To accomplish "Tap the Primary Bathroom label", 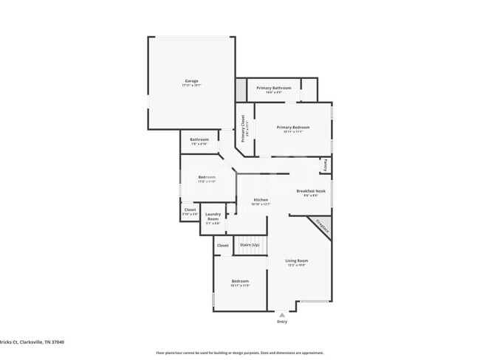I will (x=274, y=89).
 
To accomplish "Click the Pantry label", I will (x=326, y=166).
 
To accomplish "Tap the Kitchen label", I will (x=261, y=201).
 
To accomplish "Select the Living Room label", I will (x=298, y=261).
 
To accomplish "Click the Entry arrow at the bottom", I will (x=281, y=314).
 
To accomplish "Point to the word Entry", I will (x=282, y=322).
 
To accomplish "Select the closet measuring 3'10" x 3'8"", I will (x=191, y=210).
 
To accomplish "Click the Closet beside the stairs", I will (x=222, y=245).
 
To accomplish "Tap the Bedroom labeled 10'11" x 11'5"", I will (x=240, y=282).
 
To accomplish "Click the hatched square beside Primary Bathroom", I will (x=241, y=91).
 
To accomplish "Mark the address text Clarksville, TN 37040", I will (x=41, y=342).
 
